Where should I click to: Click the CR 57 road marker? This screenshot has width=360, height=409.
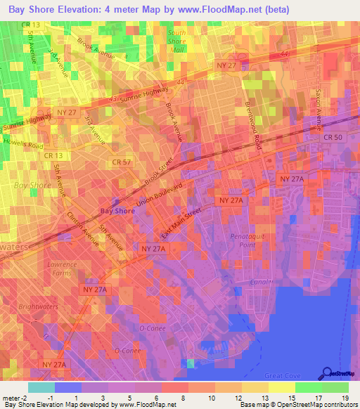[x=122, y=162]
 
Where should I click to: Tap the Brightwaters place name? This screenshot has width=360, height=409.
[x=37, y=306]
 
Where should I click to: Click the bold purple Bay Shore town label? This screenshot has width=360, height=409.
[x=117, y=210]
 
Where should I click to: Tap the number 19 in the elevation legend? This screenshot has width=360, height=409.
[x=345, y=399]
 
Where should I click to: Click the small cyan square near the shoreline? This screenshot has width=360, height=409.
[x=191, y=363]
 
